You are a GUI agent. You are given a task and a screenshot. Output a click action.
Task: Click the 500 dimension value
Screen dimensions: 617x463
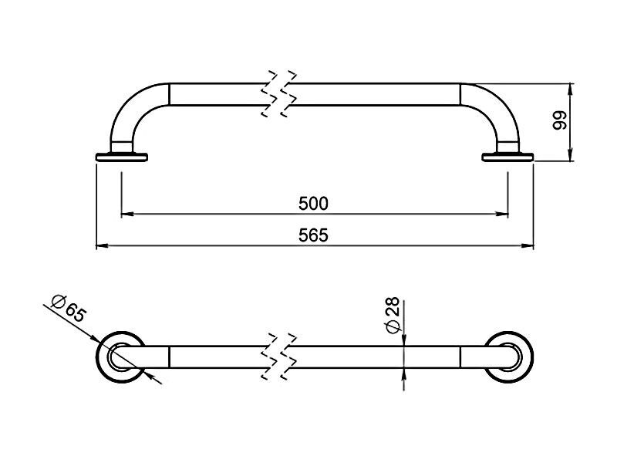[x=313, y=204]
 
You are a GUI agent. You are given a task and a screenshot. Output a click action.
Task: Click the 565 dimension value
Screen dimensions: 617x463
[x=313, y=235]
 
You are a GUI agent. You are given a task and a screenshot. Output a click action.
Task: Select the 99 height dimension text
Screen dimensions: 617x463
[x=560, y=120]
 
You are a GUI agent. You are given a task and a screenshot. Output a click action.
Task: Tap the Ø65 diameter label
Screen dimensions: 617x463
[x=69, y=308]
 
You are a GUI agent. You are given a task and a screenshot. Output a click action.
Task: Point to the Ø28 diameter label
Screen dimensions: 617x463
[x=393, y=315]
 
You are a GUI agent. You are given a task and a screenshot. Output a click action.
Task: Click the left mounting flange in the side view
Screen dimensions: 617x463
[x=122, y=157]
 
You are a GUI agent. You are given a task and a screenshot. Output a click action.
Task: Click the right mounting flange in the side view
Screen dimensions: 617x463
[x=507, y=157]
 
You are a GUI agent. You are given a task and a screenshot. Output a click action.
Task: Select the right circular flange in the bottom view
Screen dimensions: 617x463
[x=531, y=357]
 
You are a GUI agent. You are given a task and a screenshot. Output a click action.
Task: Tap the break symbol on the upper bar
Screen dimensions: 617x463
[x=279, y=94]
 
